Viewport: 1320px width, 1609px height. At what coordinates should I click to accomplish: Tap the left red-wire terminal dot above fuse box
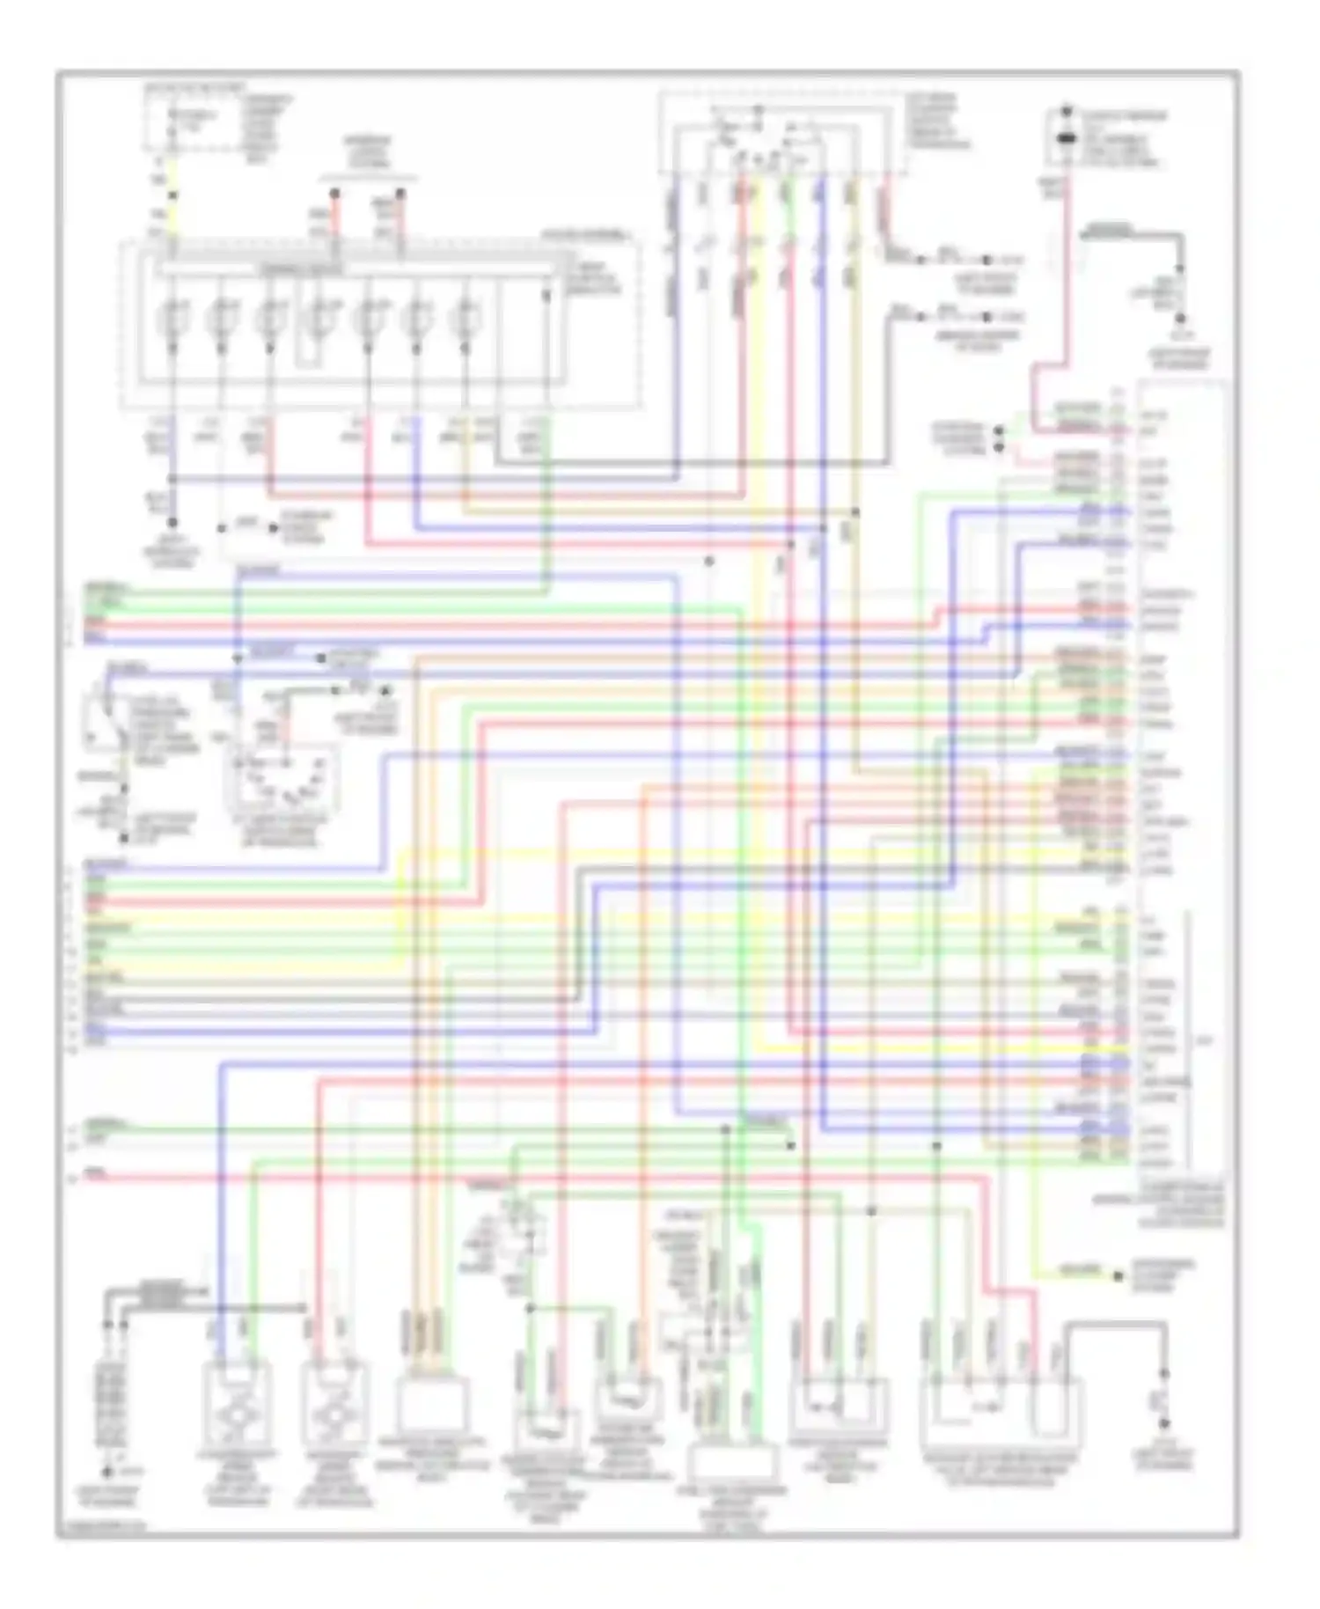[x=334, y=193]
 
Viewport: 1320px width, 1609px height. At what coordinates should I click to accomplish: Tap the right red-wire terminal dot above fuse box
[x=400, y=193]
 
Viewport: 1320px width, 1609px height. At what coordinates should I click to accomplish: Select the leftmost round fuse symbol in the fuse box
[x=173, y=319]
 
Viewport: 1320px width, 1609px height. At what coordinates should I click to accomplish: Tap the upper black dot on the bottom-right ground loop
[x=1163, y=1373]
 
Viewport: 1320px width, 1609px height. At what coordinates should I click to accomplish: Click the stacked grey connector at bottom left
[x=112, y=1407]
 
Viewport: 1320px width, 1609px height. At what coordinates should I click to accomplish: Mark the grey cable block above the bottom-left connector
[x=158, y=1294]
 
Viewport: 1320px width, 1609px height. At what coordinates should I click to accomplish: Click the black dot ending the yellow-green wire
[x=1118, y=1275]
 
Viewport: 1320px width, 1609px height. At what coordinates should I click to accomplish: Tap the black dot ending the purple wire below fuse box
[x=172, y=522]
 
